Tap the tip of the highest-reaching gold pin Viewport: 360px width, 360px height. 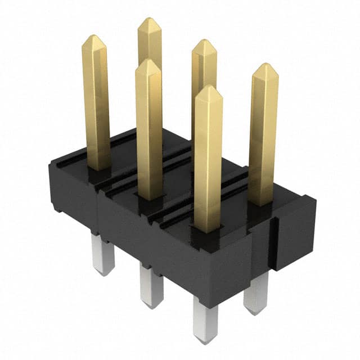pos(150,20)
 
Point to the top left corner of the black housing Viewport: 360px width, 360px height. pos(52,163)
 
